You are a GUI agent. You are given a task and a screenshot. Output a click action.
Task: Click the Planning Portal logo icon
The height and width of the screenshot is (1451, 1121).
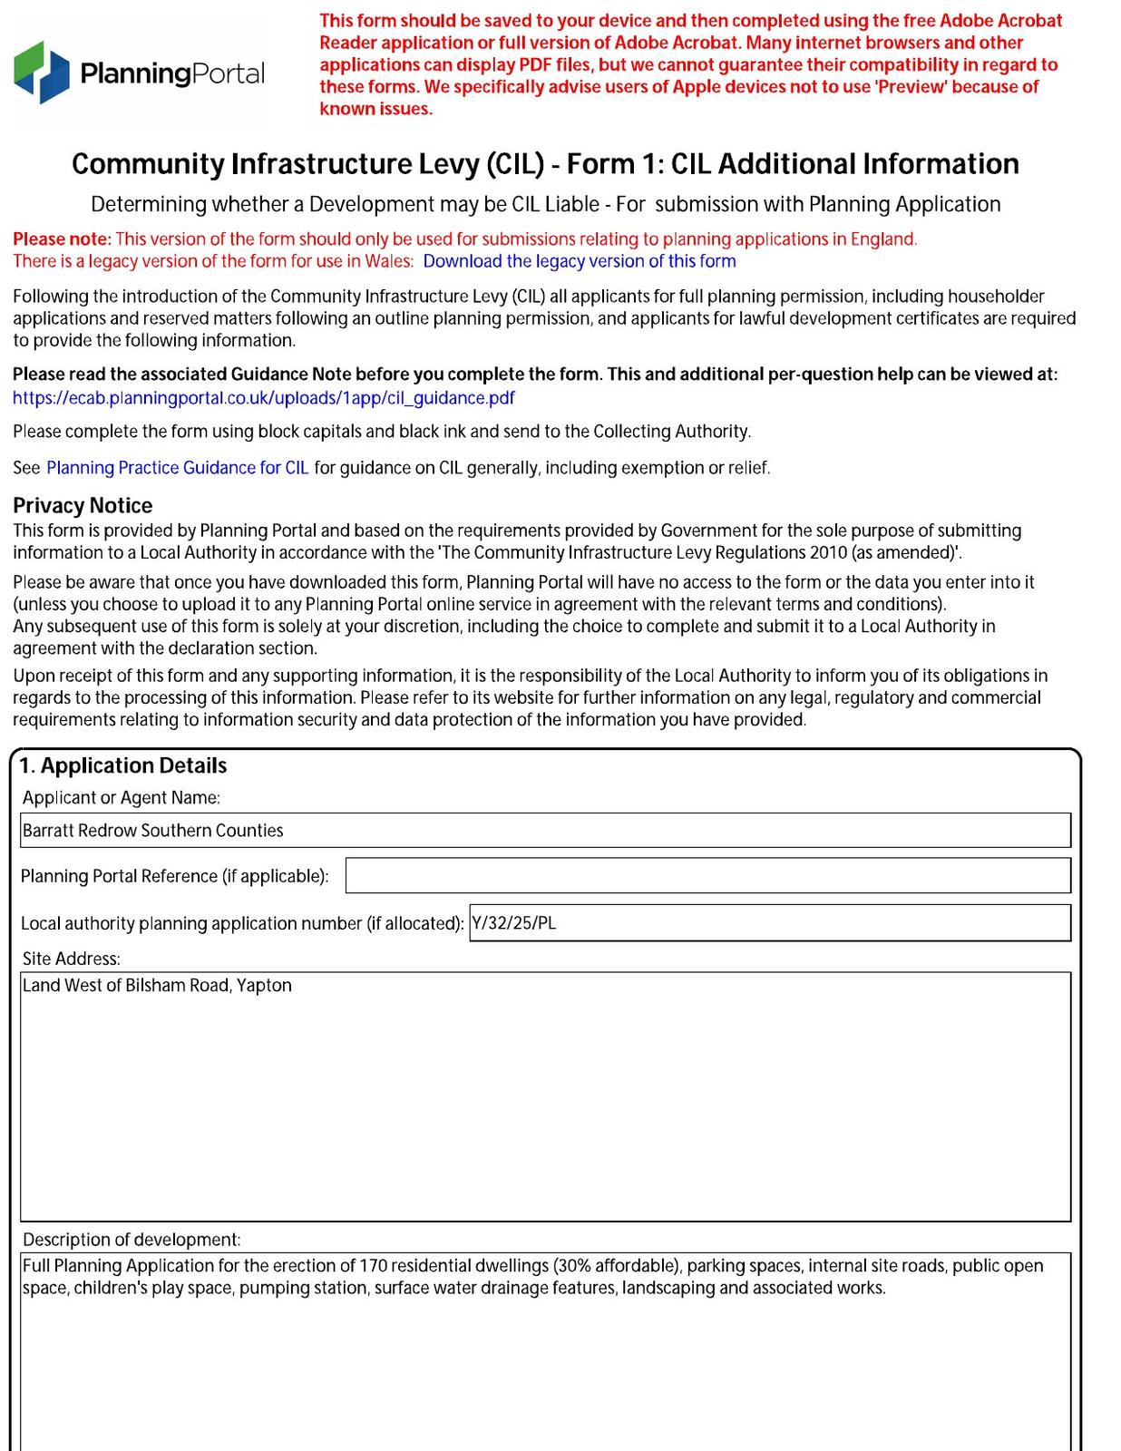(x=42, y=72)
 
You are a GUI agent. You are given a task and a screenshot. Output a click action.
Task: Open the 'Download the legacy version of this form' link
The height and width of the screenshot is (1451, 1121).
(x=579, y=262)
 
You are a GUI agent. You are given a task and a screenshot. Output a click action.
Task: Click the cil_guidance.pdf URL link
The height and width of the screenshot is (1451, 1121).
(x=263, y=398)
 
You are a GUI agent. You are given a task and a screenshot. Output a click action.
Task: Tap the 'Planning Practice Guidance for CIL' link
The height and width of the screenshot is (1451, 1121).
(x=177, y=468)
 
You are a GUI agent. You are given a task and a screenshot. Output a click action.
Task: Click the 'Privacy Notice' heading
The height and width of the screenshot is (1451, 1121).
(x=83, y=506)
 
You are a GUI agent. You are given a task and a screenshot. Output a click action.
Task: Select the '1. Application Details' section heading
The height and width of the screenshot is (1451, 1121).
(x=123, y=766)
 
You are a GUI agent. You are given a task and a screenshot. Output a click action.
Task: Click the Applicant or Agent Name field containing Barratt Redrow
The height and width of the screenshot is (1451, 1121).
(x=544, y=831)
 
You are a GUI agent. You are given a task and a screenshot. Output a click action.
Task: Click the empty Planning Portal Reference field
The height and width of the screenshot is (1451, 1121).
(x=707, y=876)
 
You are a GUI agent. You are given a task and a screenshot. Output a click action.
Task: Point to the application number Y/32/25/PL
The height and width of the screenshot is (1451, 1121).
(x=514, y=924)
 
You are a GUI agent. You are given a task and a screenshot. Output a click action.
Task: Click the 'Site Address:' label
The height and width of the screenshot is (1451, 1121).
(x=71, y=959)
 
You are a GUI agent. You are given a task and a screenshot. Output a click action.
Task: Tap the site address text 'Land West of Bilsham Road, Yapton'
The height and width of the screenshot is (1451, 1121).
(x=157, y=986)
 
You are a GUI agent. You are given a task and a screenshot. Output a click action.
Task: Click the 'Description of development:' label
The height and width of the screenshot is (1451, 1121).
(x=132, y=1240)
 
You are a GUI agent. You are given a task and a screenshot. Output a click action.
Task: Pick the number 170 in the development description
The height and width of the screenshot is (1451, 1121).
(x=374, y=1266)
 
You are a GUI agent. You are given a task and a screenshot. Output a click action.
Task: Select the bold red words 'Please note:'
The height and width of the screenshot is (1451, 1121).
(x=62, y=239)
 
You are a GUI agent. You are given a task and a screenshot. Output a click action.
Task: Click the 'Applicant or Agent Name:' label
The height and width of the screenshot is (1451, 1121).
(x=121, y=798)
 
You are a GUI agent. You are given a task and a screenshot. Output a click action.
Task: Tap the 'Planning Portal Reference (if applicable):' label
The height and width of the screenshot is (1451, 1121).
(x=174, y=877)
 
